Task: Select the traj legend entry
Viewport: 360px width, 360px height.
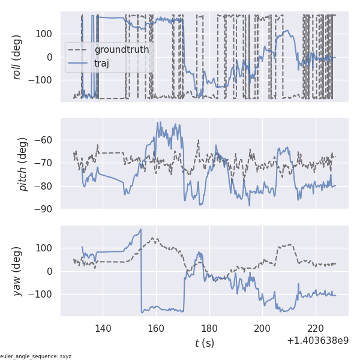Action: pos(106,62)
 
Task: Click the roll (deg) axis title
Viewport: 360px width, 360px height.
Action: pos(18,56)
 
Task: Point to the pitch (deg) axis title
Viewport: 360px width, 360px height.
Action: pos(23,164)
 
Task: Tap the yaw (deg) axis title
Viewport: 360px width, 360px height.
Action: pos(18,271)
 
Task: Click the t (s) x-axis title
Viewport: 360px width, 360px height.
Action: pos(204,343)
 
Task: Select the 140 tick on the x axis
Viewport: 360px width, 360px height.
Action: pos(103,328)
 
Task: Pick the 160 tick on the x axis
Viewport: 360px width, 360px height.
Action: pos(156,328)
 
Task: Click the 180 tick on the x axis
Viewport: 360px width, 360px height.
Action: pos(209,328)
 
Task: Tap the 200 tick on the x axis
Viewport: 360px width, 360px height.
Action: pos(263,328)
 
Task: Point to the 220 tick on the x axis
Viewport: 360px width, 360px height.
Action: pos(316,328)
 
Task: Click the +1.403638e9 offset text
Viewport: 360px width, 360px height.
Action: pos(317,341)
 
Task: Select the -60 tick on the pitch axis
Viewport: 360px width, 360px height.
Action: pos(46,140)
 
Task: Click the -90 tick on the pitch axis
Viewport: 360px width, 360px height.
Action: pos(46,209)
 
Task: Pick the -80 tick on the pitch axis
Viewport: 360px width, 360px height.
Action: pos(46,187)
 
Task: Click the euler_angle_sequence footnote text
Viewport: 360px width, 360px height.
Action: pos(36,356)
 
